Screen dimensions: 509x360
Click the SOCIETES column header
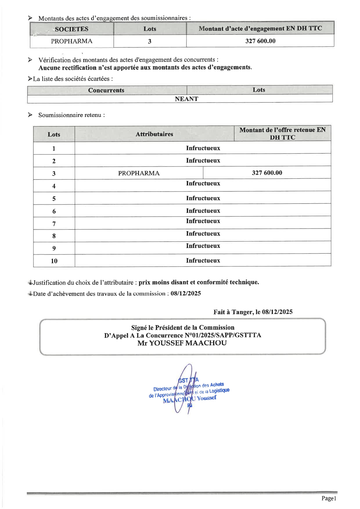tap(71, 29)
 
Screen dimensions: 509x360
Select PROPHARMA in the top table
tap(71, 41)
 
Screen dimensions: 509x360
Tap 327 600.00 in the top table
tap(260, 41)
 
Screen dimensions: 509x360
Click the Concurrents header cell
tap(106, 90)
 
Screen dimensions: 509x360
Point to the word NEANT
tap(186, 99)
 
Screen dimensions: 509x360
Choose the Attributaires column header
tap(154, 134)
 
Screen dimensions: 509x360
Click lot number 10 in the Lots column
tap(54, 261)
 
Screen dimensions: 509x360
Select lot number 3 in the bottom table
tap(54, 174)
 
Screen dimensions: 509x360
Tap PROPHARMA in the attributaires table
tap(139, 173)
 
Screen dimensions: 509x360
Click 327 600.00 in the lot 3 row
tap(267, 173)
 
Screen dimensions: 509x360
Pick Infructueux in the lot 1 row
tap(203, 148)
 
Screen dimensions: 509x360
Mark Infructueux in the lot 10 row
tap(203, 261)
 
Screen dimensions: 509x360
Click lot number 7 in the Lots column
tap(54, 224)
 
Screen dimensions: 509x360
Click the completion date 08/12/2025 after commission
tap(186, 293)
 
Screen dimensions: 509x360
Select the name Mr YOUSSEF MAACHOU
tap(182, 343)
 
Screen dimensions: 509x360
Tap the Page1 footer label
tap(329, 498)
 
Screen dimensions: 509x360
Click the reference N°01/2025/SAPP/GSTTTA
tap(223, 335)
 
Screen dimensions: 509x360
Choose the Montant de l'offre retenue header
tap(282, 133)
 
